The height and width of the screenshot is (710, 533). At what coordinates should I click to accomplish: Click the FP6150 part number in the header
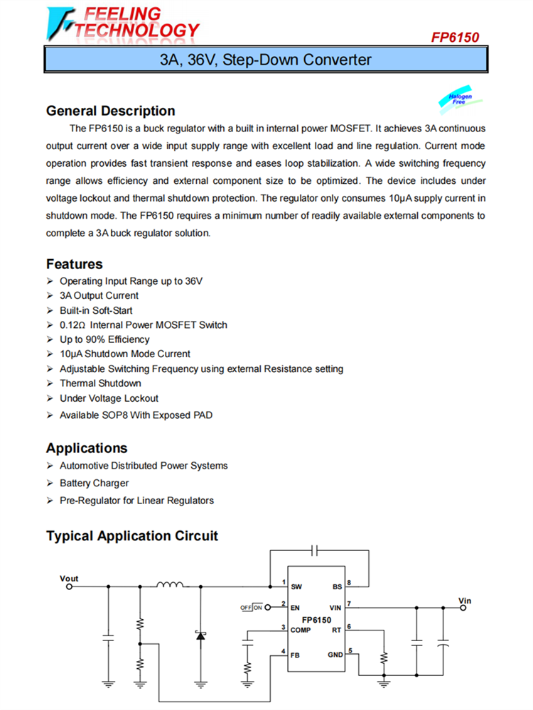click(x=455, y=37)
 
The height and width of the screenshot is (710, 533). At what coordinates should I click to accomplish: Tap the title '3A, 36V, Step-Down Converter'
click(x=266, y=60)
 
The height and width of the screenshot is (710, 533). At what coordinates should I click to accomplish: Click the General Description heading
click(x=110, y=111)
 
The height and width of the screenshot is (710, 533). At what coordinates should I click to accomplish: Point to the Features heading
click(x=75, y=264)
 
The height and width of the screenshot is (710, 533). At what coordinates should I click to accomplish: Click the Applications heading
click(x=87, y=448)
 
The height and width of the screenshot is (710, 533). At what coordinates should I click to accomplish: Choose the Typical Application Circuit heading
click(x=132, y=536)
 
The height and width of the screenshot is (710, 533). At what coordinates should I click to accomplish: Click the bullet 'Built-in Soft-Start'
click(x=96, y=310)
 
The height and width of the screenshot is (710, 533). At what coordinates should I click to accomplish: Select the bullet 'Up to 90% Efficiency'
click(x=104, y=339)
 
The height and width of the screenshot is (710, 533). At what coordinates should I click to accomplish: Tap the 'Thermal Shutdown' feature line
click(x=100, y=383)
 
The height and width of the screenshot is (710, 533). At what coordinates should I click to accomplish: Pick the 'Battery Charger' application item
click(x=95, y=483)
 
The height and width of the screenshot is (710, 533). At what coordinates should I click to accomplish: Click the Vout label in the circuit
click(x=69, y=579)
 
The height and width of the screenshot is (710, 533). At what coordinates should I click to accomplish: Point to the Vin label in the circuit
click(x=465, y=601)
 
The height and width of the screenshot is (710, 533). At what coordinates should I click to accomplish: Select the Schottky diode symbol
click(x=200, y=634)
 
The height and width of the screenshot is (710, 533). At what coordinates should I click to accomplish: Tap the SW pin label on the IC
click(x=296, y=586)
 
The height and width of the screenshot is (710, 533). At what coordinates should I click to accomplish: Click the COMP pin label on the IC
click(x=300, y=630)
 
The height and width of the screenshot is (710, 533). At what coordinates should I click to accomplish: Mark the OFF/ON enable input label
click(x=251, y=608)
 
